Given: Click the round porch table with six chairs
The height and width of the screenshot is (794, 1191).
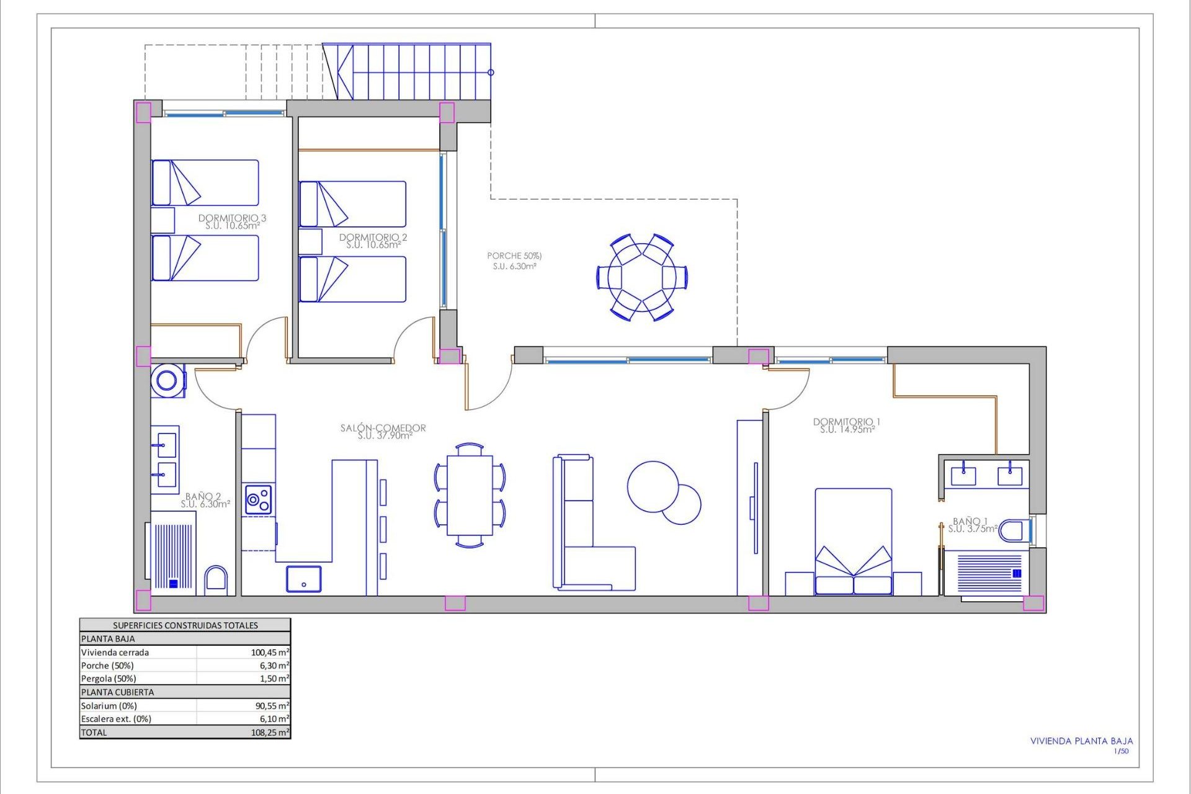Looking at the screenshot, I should [x=642, y=277].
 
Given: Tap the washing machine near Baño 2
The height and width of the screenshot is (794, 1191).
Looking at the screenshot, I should [x=167, y=380].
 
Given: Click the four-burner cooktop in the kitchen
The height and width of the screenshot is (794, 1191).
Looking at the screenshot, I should [x=258, y=499].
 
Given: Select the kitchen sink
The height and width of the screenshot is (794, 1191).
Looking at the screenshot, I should [x=303, y=579].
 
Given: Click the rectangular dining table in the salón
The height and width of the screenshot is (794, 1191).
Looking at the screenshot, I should [x=470, y=495].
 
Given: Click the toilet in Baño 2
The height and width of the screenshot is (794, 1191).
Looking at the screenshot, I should [x=216, y=581].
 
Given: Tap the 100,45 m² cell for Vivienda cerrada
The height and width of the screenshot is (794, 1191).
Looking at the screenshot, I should [x=269, y=652].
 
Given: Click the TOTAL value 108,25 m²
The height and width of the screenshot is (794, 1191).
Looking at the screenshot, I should [x=269, y=732].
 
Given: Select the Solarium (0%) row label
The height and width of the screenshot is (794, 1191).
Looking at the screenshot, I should [x=109, y=705].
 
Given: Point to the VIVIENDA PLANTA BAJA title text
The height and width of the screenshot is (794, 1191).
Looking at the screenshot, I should [x=1081, y=741].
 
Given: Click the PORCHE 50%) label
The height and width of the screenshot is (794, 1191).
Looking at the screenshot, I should [x=514, y=256].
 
